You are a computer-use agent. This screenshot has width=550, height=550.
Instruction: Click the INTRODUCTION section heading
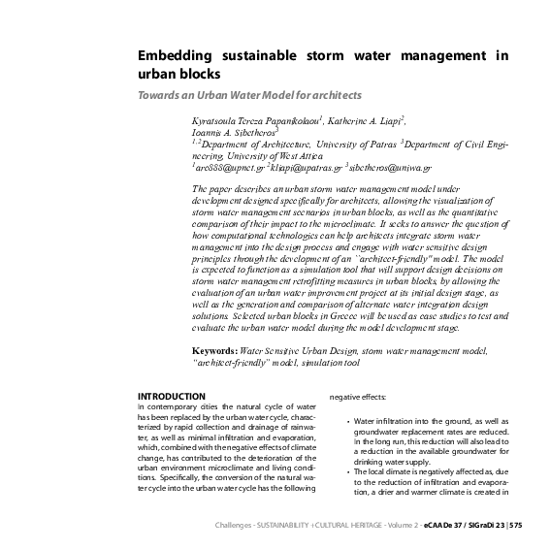coord(171,396)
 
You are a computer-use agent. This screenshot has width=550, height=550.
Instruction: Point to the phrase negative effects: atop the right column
coord(361,396)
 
